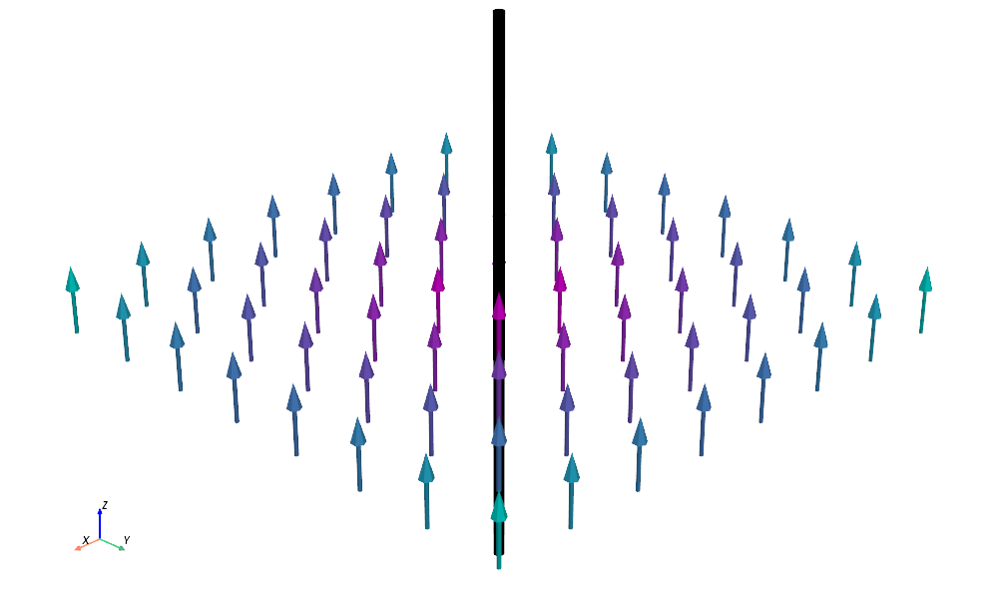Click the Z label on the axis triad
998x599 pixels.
pos(105,505)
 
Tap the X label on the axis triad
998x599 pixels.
pos(86,540)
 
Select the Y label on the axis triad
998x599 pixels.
pos(127,540)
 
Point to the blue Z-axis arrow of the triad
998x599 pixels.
pos(100,521)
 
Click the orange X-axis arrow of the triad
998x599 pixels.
pos(83,546)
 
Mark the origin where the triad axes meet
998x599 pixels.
pos(100,539)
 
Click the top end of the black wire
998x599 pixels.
pos(499,13)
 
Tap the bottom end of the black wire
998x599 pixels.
pos(499,551)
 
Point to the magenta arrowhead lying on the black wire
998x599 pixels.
pos(499,305)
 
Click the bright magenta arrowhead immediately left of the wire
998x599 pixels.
pos(438,281)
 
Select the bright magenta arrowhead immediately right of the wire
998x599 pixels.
pos(560,281)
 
